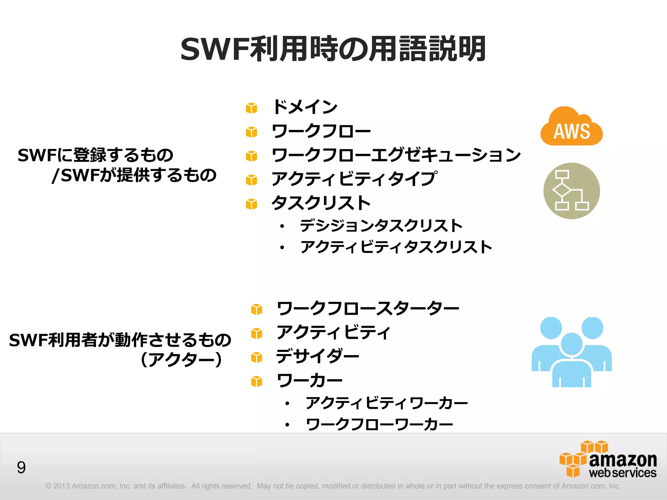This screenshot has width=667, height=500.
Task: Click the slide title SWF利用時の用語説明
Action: [x=333, y=49]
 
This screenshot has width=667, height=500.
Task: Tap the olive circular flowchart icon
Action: [x=572, y=191]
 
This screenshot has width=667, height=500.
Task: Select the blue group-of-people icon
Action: [x=572, y=352]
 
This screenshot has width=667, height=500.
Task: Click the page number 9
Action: [x=21, y=467]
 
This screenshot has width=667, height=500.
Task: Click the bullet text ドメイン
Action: [x=305, y=107]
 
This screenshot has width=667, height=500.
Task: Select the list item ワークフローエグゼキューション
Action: [x=396, y=155]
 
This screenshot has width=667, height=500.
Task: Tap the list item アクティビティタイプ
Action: [x=354, y=179]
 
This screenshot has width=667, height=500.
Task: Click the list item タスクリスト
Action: [x=321, y=203]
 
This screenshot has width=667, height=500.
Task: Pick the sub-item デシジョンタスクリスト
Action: [x=381, y=226]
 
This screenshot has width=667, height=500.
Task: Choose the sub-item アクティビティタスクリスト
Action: [x=396, y=247]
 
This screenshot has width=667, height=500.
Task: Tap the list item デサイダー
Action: [x=318, y=356]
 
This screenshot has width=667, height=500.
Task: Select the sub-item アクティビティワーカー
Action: [x=387, y=403]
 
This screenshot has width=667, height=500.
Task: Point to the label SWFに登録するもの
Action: [x=95, y=155]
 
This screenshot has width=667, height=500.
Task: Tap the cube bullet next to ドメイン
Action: [x=251, y=108]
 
